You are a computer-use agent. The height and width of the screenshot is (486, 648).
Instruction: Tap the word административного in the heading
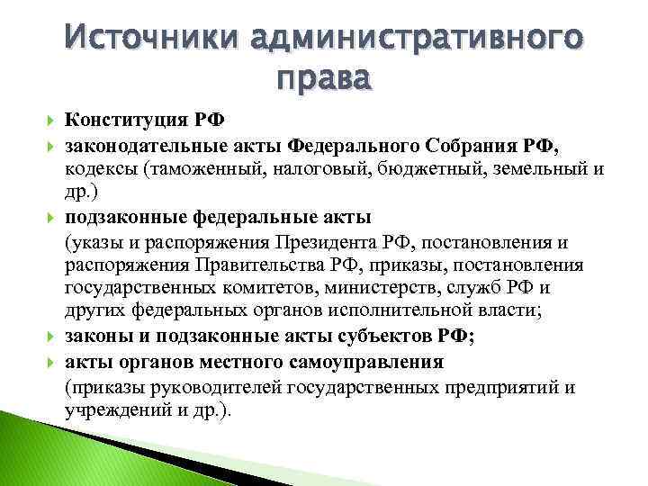pos(418,40)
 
